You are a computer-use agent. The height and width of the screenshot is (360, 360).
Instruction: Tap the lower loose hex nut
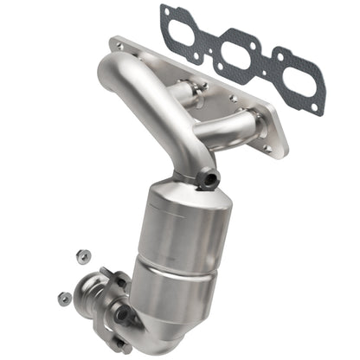65,298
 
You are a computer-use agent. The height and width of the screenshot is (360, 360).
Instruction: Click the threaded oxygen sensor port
209,181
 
